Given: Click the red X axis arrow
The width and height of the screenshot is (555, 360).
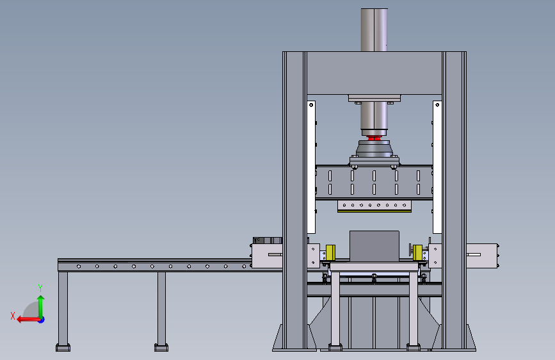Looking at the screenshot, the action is (x=28, y=320).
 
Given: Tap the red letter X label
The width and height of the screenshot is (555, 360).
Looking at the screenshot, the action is (x=13, y=316).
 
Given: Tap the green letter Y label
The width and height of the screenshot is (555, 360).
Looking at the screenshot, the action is (x=40, y=288).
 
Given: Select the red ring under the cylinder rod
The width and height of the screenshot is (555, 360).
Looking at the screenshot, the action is (x=374, y=138).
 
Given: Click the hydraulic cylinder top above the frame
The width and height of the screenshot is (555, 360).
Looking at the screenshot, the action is (x=374, y=29).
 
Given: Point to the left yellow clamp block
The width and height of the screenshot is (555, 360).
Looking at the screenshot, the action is (x=330, y=252).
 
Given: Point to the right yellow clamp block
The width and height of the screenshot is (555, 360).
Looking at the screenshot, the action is (x=417, y=252).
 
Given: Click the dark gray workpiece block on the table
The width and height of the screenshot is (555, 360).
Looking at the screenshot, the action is (x=374, y=246).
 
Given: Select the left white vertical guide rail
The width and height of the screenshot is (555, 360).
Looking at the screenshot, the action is (x=311, y=167).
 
